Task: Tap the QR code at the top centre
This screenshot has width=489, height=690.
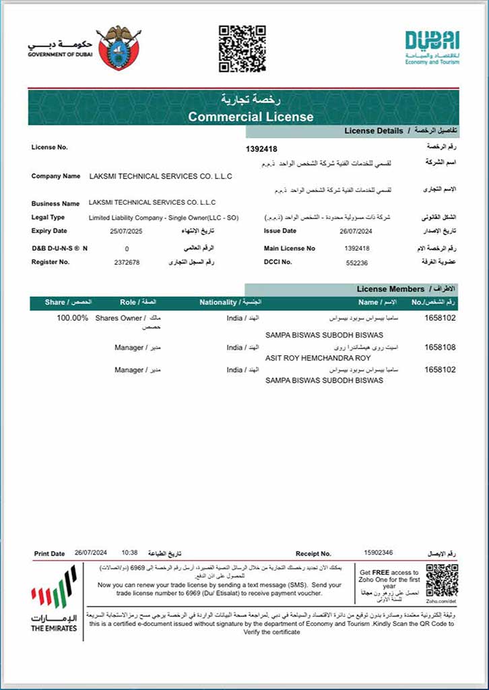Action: tap(242, 48)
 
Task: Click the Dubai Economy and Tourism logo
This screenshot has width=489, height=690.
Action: tap(432, 47)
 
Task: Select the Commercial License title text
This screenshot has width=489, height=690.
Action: tap(251, 117)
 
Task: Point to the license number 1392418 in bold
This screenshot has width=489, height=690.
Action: tap(262, 149)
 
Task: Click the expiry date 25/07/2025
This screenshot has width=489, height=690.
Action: tap(127, 231)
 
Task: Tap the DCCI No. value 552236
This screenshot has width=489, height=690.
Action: tap(356, 262)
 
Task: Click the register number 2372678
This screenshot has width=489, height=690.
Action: tap(127, 262)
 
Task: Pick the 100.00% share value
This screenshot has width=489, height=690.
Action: tap(72, 318)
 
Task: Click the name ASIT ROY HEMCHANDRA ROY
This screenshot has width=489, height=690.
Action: tap(318, 358)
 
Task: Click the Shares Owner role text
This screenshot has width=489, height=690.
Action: tap(119, 318)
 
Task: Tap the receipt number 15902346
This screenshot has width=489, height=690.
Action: tap(378, 553)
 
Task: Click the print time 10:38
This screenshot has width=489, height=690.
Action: tap(129, 553)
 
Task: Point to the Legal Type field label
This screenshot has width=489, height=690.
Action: tap(48, 218)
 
